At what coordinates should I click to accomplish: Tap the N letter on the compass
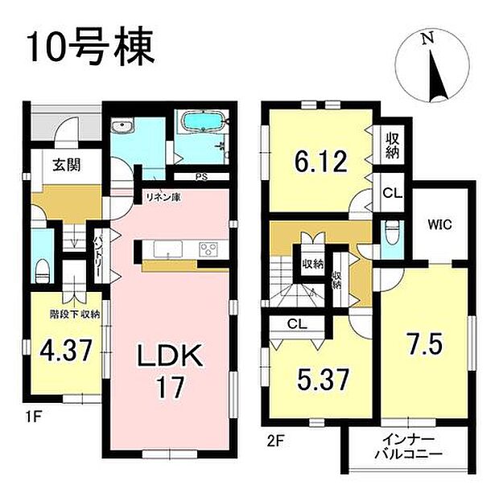pos(429,38)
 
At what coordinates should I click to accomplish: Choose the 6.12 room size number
pos(320,162)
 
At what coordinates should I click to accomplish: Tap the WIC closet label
pos(438,225)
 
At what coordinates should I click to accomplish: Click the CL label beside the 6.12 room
pos(392,192)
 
